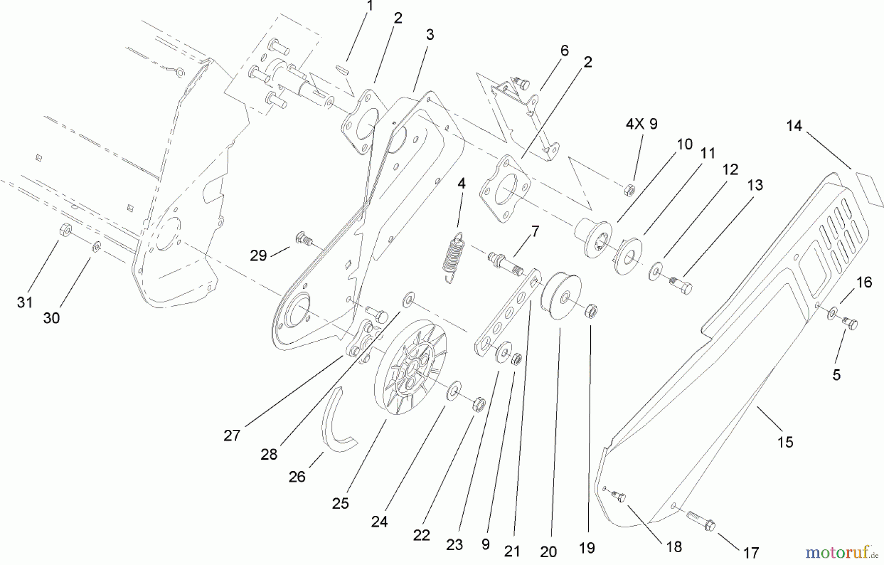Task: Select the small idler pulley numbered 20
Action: [560, 296]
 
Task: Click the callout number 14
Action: [794, 126]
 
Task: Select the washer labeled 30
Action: [97, 246]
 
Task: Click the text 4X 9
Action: [641, 124]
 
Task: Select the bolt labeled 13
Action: [681, 285]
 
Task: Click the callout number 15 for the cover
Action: [785, 442]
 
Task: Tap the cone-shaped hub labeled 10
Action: [594, 236]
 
